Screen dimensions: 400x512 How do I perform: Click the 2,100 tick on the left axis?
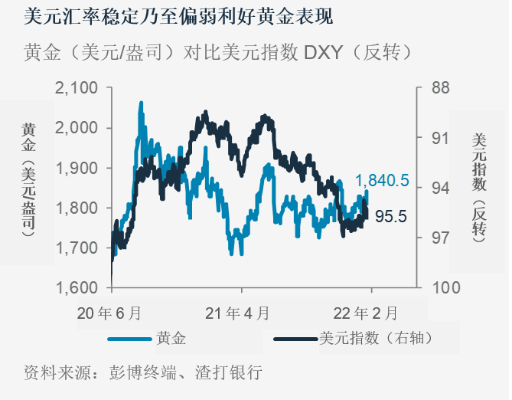(76, 88)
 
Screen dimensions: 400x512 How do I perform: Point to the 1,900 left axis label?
(76, 168)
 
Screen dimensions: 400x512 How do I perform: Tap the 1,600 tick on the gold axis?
(76, 288)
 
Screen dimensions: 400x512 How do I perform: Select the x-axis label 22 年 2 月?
(370, 313)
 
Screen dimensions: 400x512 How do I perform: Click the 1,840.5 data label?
(382, 182)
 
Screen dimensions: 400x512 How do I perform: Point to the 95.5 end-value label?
(390, 217)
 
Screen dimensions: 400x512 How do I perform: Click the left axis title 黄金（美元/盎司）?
(28, 177)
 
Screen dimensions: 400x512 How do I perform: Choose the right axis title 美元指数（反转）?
(478, 185)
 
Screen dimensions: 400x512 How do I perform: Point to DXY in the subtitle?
(325, 52)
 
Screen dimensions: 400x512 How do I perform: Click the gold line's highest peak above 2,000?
(141, 103)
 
